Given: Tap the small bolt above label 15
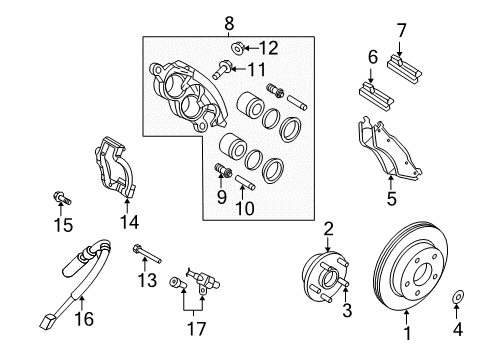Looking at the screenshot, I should pyautogui.click(x=61, y=198).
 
